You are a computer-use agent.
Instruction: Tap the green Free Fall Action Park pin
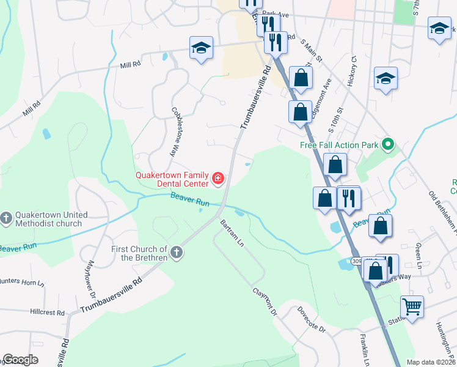[387, 145]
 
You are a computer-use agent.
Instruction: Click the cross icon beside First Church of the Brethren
[177, 253]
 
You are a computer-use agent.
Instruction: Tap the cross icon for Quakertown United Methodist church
[6, 219]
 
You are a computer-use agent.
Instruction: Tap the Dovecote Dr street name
[312, 321]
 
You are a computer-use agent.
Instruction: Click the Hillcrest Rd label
[47, 312]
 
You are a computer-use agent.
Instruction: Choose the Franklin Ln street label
[365, 347]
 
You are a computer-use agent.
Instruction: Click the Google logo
[20, 360]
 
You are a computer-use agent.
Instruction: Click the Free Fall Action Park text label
[339, 145]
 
